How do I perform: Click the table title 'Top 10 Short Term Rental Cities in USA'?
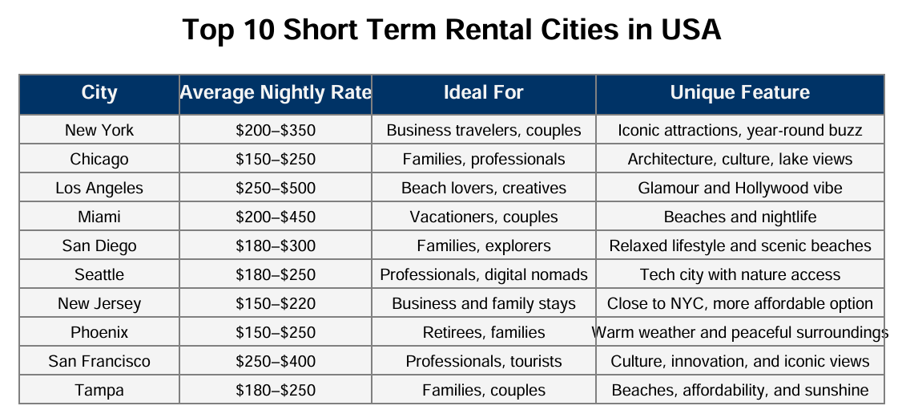451,29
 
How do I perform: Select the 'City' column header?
99,93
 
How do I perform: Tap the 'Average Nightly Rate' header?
276,93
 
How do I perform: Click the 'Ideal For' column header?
483,93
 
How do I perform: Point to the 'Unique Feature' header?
740,93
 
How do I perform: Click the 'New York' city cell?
99,130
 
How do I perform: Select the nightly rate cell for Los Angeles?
276,188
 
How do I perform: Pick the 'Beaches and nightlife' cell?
740,217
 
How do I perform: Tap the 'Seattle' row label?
99,274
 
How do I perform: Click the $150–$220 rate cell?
276,303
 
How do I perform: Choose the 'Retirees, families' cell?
483,333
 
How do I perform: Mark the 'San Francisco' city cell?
99,361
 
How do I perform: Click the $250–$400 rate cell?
276,361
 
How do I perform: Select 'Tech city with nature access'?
740,274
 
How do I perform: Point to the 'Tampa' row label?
99,391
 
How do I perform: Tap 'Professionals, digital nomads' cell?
483,274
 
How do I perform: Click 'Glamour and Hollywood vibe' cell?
740,188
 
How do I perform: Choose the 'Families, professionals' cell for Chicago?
483,159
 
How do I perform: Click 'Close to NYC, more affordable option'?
740,303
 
